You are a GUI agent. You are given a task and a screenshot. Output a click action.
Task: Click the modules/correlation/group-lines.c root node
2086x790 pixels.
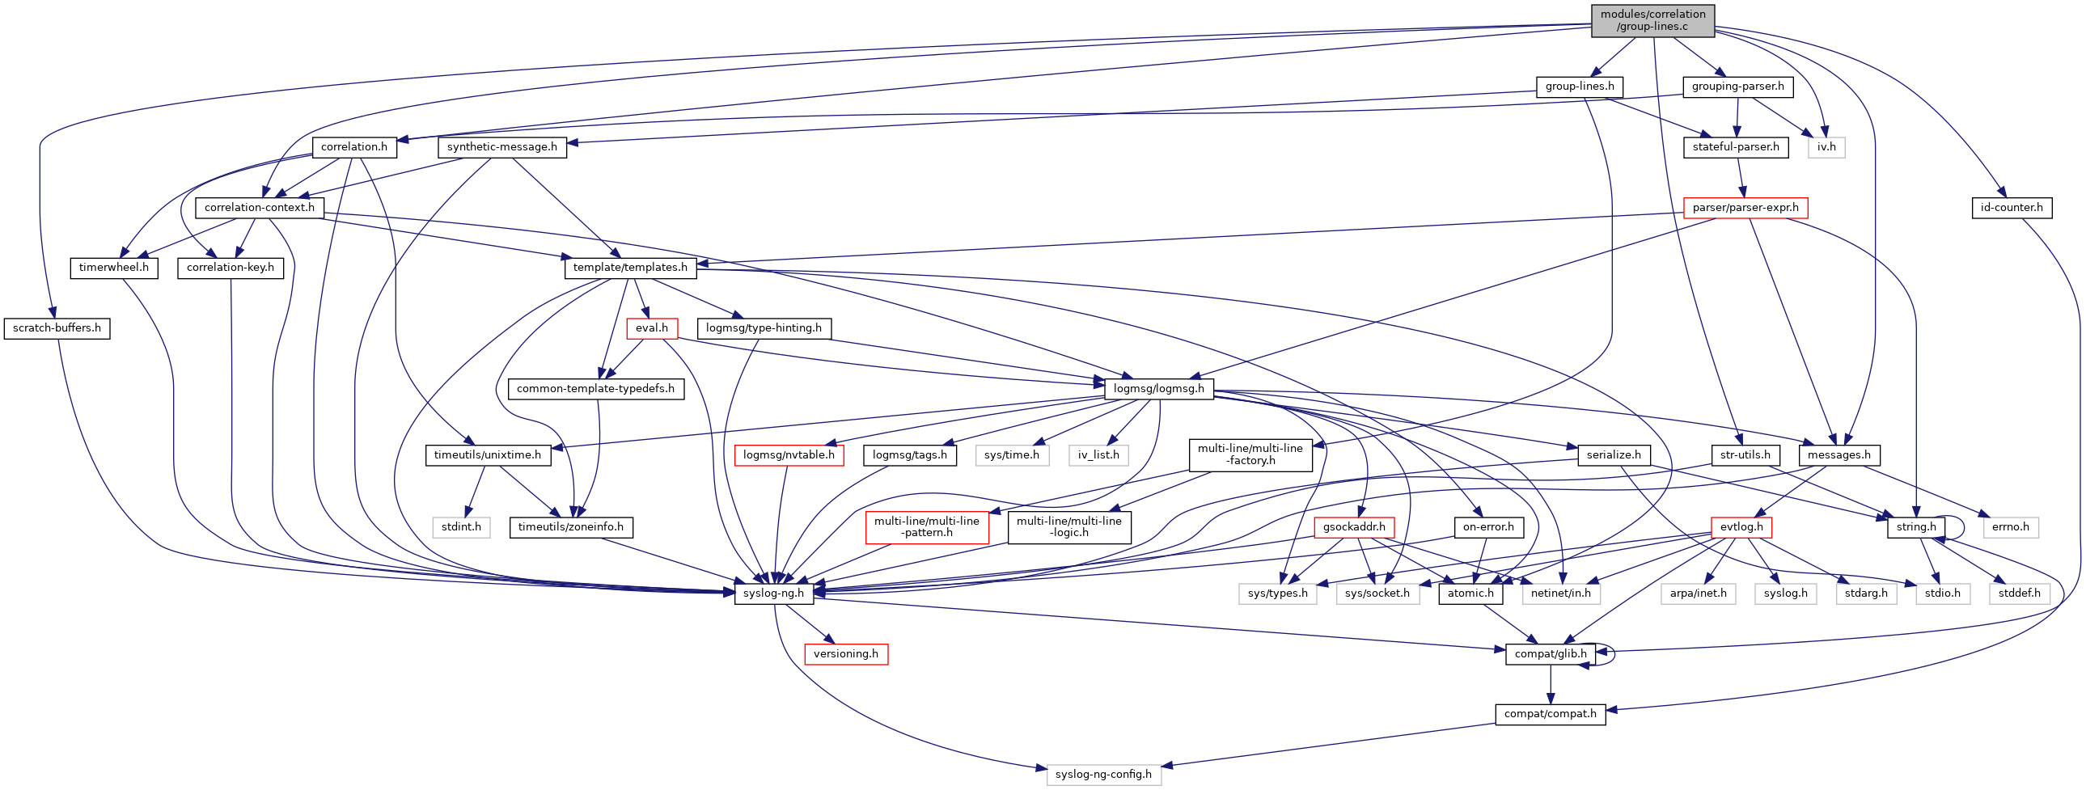tap(1652, 20)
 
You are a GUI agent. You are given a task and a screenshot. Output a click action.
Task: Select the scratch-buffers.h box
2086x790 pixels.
tap(57, 328)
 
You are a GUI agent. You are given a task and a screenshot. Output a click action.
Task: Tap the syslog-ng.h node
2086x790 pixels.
tap(773, 594)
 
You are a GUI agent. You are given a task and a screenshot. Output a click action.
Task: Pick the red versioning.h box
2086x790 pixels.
tap(845, 654)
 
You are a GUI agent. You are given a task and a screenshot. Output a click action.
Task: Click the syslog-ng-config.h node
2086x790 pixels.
tap(1103, 775)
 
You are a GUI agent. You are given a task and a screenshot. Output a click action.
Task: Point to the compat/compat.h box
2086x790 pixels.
tap(1550, 714)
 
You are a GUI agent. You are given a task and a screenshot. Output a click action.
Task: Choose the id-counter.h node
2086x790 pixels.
tap(2011, 208)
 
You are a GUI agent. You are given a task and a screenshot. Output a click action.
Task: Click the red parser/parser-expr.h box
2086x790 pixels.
tap(1745, 208)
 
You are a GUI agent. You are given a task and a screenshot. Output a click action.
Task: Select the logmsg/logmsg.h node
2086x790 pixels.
tap(1158, 389)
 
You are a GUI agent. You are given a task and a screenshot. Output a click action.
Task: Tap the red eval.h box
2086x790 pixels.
tap(651, 328)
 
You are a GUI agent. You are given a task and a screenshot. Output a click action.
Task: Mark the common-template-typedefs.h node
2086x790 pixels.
tap(595, 389)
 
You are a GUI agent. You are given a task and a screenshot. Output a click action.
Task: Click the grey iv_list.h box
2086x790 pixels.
tap(1098, 456)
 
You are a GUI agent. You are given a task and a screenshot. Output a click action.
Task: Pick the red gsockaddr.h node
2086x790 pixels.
tap(1353, 528)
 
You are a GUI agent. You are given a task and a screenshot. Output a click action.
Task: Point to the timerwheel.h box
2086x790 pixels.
tap(113, 268)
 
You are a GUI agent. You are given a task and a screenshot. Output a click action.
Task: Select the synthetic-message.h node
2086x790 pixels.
tap(501, 147)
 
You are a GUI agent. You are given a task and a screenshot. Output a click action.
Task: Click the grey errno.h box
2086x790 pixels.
tap(2010, 528)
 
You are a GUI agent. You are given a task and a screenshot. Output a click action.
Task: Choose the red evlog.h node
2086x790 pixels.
tap(1741, 528)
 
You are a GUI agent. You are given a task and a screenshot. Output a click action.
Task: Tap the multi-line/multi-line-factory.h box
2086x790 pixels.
tap(1250, 455)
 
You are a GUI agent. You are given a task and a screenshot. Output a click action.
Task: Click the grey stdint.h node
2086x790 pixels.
tap(461, 528)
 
